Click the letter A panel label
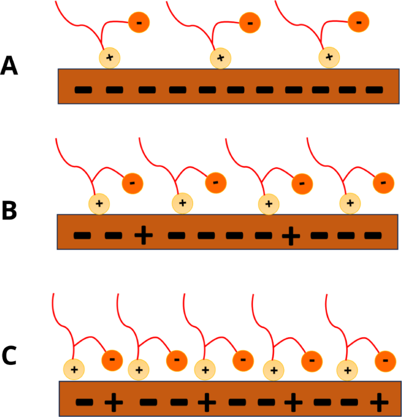9,66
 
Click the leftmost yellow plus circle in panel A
109,57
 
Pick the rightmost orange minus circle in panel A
359,22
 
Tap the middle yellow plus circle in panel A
221,57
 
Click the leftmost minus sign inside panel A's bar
83,90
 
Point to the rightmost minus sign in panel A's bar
374,90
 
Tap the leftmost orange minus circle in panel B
132,183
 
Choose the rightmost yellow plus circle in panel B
350,204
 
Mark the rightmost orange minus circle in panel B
383,182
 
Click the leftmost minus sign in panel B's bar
82,235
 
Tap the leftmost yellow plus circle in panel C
74,370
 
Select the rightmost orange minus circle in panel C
385,360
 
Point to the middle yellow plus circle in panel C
205,370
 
